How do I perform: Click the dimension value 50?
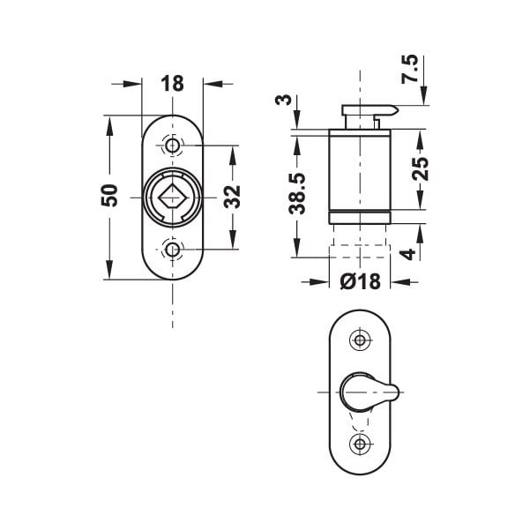pos(108,195)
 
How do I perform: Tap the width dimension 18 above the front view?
pos(173,85)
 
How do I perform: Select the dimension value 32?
pos(233,196)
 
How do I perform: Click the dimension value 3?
pos(284,100)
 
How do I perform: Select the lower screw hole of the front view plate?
pos(173,252)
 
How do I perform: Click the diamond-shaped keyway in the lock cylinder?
pos(173,196)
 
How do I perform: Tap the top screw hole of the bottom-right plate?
pos(359,339)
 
